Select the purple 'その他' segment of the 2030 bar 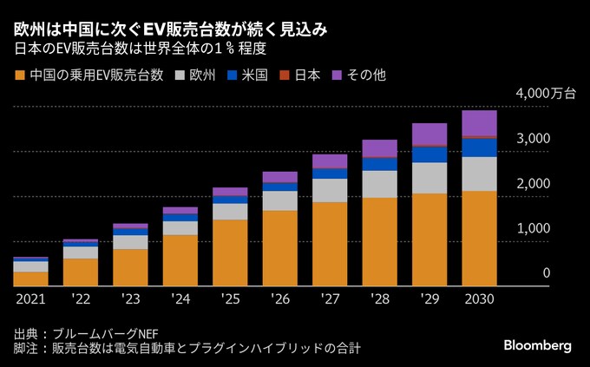[479, 122]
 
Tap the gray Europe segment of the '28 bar [379, 184]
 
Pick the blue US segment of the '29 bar [429, 154]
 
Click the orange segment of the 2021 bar [30, 278]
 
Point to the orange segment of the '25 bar [230, 252]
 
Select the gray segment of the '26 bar [279, 200]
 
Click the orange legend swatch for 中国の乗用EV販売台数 [21, 75]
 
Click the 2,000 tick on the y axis [534, 184]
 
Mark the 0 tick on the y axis [547, 274]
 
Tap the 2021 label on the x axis [30, 298]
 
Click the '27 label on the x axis [330, 298]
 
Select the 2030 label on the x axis [479, 298]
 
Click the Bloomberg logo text [537, 344]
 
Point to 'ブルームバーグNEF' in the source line [108, 333]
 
